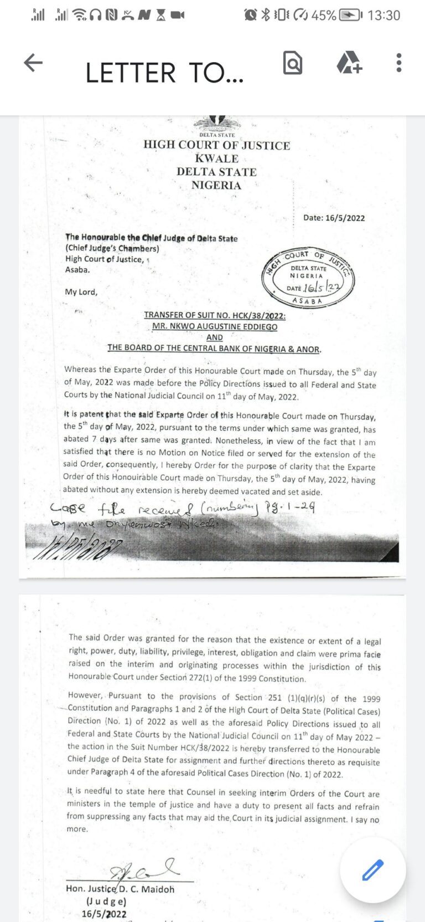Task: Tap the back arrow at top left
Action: pyautogui.click(x=33, y=63)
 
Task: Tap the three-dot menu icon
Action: pyautogui.click(x=398, y=63)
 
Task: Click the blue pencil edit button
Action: pyautogui.click(x=372, y=870)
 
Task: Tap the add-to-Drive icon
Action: pyautogui.click(x=349, y=63)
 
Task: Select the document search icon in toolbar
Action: pyautogui.click(x=292, y=63)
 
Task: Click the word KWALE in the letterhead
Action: pyautogui.click(x=216, y=158)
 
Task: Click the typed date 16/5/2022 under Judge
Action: pyautogui.click(x=103, y=914)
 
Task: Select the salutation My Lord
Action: pyautogui.click(x=81, y=292)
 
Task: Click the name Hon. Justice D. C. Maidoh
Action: pyautogui.click(x=120, y=889)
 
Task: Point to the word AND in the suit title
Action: pyautogui.click(x=214, y=337)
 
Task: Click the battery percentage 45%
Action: pyautogui.click(x=324, y=15)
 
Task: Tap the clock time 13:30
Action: pyautogui.click(x=383, y=15)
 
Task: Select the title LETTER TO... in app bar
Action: pyautogui.click(x=164, y=73)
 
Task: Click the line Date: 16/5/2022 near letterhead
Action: pyautogui.click(x=334, y=218)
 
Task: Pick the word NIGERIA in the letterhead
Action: pyautogui.click(x=216, y=185)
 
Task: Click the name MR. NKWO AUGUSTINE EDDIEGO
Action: pyautogui.click(x=215, y=326)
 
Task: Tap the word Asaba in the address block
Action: pyautogui.click(x=77, y=270)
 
